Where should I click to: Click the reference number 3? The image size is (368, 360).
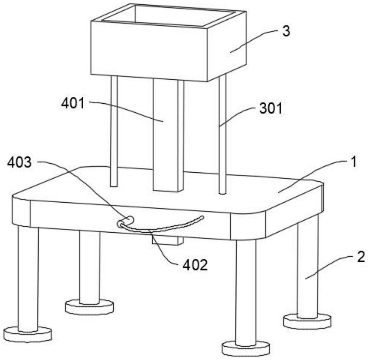[286, 31]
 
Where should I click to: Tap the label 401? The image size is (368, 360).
[73, 103]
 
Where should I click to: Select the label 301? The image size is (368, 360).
[271, 109]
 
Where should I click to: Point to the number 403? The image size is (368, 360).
[20, 162]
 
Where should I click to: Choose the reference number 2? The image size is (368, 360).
[360, 257]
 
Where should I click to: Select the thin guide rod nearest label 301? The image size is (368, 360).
[222, 134]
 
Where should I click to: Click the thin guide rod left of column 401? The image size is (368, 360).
[114, 131]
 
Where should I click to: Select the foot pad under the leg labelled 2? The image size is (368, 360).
[307, 321]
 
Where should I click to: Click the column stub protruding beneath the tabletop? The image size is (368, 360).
[167, 240]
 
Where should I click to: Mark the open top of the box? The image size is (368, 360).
[169, 15]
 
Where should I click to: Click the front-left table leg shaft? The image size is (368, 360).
[28, 278]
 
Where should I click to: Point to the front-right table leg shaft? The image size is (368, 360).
[246, 290]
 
